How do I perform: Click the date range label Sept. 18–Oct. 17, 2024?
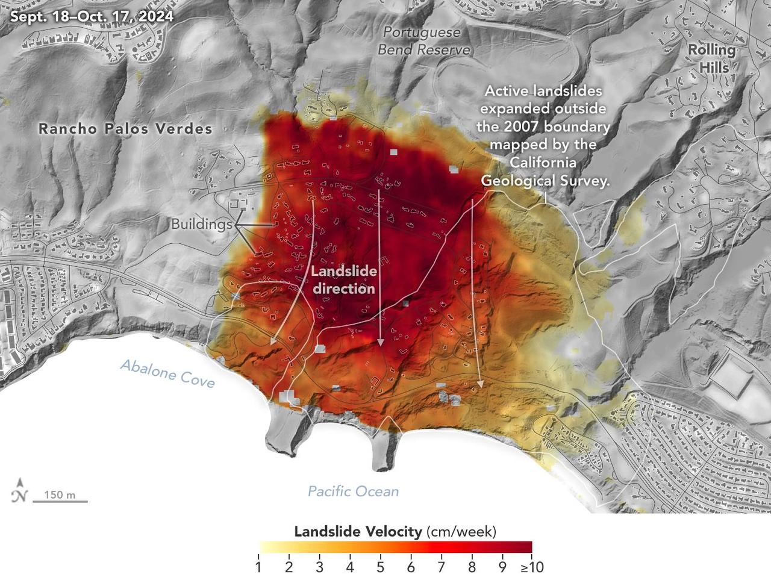tap(92, 16)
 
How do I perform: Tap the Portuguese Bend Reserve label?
tap(423, 41)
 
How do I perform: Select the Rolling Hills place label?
tap(712, 58)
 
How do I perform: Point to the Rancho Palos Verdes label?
tap(125, 128)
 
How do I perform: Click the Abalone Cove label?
tap(167, 373)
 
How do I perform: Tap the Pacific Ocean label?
tap(353, 491)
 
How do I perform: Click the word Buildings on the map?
tap(201, 225)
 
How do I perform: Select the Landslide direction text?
tap(344, 279)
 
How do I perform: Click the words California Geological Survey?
tap(544, 172)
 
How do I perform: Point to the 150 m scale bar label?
tap(60, 495)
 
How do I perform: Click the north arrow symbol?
tap(20, 490)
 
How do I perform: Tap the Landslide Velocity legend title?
tap(358, 532)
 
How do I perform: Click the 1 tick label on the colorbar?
tap(258, 567)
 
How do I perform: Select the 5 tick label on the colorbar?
tap(380, 567)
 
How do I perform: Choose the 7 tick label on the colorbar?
tap(441, 567)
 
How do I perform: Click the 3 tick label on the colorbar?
tap(319, 567)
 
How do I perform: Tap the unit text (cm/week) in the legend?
tap(461, 532)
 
